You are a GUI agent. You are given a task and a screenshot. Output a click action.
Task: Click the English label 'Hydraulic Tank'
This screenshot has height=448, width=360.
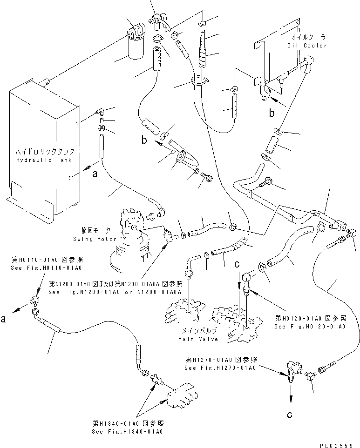(x=44, y=160)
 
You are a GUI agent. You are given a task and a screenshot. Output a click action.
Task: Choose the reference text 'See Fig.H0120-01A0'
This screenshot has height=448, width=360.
(x=310, y=326)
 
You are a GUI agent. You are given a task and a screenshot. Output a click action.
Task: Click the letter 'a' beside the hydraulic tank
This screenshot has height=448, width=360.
(x=95, y=175)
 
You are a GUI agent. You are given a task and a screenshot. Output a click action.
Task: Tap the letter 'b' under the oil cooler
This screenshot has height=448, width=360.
(x=271, y=113)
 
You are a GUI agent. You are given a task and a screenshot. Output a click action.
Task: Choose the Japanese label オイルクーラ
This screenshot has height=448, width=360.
(x=308, y=36)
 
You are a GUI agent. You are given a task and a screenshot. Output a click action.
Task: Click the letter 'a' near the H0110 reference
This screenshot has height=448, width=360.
(x=4, y=320)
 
